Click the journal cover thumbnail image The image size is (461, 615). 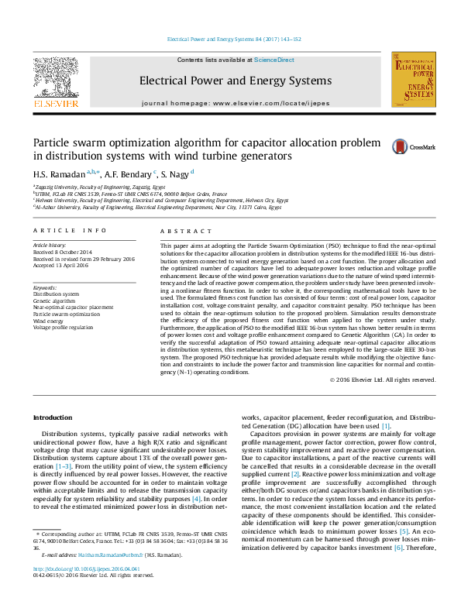pos(413,80)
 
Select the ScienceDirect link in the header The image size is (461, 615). pos(274,60)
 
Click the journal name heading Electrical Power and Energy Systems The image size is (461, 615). pos(235,81)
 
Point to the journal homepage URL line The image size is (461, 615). pos(236,103)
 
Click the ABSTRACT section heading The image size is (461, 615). pos(180,231)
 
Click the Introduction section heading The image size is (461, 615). pos(53,417)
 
